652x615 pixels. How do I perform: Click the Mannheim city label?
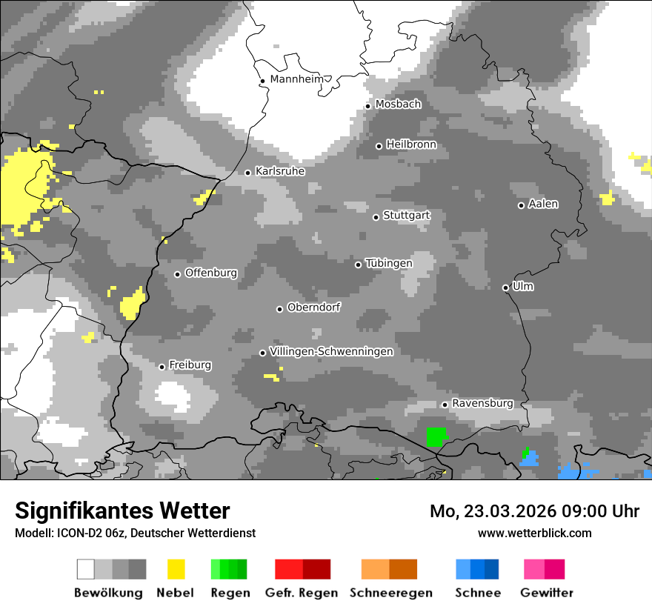[x=297, y=79]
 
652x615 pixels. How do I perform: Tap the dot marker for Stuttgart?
[x=376, y=217]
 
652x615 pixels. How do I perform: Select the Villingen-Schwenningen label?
[x=331, y=351]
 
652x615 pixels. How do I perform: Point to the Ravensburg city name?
[x=482, y=403]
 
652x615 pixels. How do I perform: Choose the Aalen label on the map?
[x=543, y=204]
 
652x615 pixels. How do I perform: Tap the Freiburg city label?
[x=190, y=365]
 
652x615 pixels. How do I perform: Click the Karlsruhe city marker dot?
[x=248, y=173]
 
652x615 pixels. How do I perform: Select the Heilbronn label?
[x=411, y=144]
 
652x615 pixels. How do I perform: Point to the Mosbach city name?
[x=398, y=104]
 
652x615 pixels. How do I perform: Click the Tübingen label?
[x=389, y=263]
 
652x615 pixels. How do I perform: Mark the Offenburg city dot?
[x=178, y=274]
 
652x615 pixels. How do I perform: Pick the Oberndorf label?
[x=313, y=307]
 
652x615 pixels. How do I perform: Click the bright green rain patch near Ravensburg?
[x=436, y=436]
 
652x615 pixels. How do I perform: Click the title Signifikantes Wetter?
[x=122, y=511]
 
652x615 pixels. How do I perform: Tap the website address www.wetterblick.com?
[x=534, y=533]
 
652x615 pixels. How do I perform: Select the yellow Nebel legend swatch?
[x=176, y=569]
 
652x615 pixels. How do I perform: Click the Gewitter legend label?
[x=547, y=593]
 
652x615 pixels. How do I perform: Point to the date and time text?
[x=534, y=511]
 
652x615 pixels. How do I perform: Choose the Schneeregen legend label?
[x=390, y=593]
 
